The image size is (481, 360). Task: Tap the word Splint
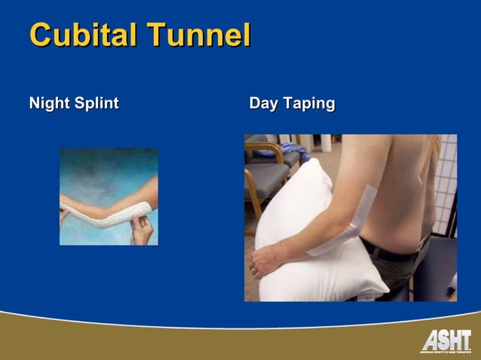(x=97, y=103)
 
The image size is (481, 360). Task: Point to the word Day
(x=264, y=103)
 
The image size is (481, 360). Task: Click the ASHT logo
(x=446, y=341)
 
